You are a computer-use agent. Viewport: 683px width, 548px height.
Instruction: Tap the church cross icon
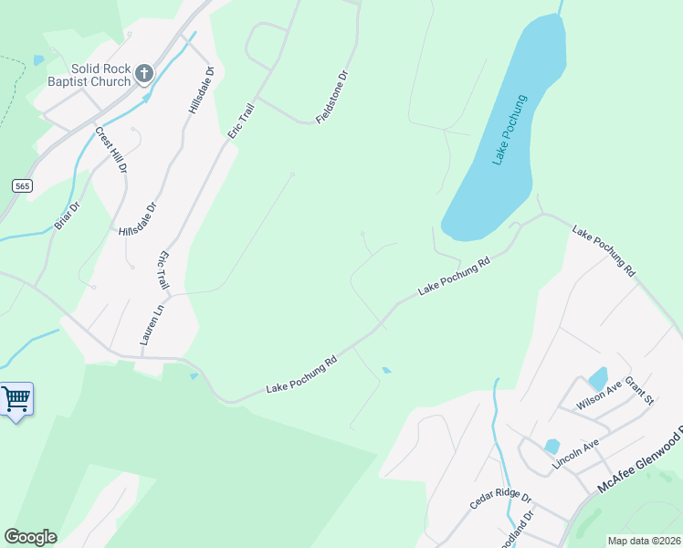143,73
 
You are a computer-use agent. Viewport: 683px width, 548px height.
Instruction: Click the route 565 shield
23,185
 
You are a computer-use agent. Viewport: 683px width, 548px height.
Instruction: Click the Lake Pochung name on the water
510,130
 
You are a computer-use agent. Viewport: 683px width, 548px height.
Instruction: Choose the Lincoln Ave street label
575,455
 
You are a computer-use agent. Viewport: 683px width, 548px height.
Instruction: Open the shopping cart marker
16,399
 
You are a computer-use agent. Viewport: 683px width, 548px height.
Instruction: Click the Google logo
30,537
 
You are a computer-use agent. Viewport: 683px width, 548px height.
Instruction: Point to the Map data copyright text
643,541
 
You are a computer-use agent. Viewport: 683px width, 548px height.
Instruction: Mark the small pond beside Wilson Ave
598,377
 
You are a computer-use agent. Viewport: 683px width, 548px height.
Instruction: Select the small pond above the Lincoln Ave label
552,447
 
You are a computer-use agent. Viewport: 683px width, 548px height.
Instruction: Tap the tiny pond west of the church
37,60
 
